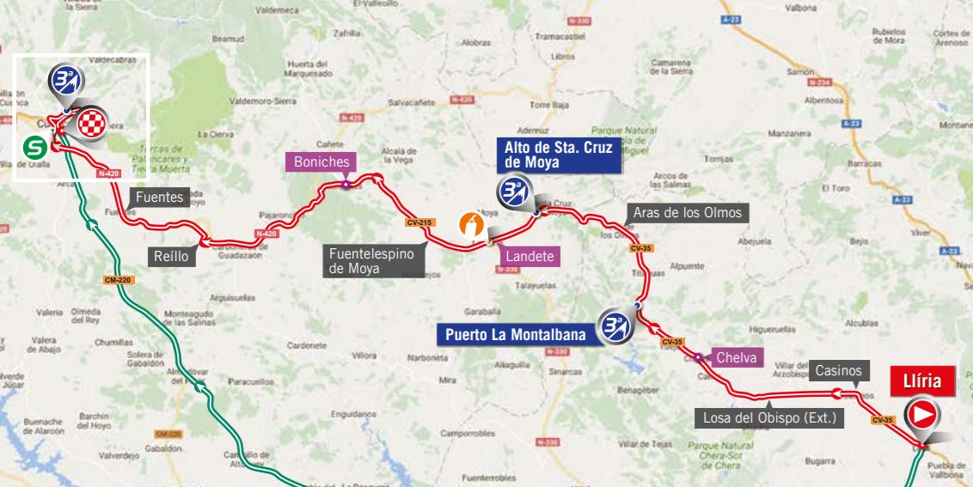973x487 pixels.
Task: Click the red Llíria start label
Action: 922,380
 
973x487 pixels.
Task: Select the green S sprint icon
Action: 35,147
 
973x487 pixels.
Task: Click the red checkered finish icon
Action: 91,124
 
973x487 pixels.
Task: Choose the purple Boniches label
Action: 321,161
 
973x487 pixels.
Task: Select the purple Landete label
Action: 529,256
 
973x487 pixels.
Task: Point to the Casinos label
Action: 838,370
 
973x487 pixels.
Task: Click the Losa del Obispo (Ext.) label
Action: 769,418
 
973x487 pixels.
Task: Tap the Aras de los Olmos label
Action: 686,213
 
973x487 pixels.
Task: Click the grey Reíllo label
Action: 170,257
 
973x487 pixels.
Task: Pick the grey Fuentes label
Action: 159,198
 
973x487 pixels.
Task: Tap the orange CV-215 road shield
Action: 416,222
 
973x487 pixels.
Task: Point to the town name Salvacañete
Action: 412,101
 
